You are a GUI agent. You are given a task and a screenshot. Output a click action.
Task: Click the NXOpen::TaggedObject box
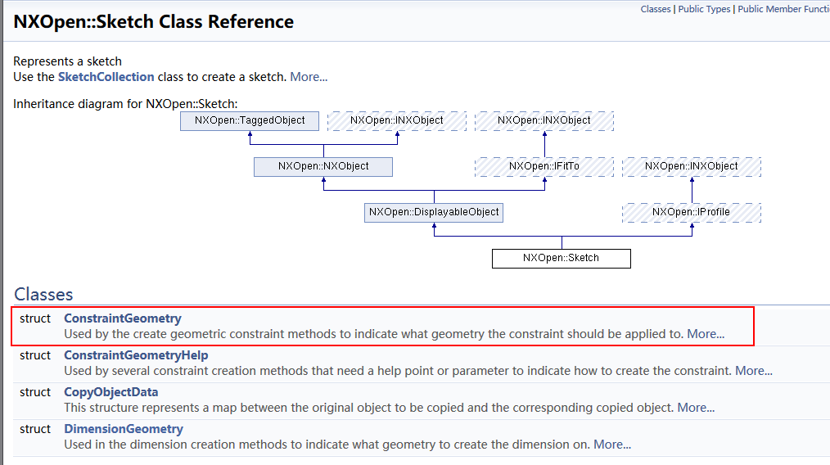[x=250, y=120]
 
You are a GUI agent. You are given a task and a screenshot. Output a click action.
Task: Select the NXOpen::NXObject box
[x=323, y=167]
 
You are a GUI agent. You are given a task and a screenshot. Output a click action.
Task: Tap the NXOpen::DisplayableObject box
[x=434, y=213]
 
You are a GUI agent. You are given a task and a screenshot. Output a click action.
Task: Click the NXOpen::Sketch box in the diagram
[x=561, y=259]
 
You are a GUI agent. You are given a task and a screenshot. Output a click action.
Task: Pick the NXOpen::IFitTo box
[x=544, y=167]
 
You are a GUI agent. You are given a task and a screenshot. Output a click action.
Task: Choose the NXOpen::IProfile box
[x=692, y=213]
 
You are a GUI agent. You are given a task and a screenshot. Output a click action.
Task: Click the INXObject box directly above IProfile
[x=692, y=167]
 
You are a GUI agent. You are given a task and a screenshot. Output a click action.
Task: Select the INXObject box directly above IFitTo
[x=544, y=120]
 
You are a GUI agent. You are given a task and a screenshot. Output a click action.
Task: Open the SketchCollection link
[x=106, y=77]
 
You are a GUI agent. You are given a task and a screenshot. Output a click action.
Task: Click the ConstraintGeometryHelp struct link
[x=136, y=355]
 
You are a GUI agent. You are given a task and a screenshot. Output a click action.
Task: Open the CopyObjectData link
[x=111, y=392]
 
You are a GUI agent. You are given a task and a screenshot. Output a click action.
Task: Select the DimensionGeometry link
[x=124, y=429]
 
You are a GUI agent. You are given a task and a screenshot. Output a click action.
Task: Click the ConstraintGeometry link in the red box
[x=123, y=318]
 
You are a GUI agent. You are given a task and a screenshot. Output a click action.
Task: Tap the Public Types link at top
[x=704, y=9]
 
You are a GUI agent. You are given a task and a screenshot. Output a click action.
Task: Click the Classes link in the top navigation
[x=656, y=9]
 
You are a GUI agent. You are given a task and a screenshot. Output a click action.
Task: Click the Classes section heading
[x=43, y=295]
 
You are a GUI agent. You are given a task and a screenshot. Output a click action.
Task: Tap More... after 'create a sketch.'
[x=309, y=77]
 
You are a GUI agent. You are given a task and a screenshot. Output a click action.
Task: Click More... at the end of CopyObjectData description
[x=696, y=408]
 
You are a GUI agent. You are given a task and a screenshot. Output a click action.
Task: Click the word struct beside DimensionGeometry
[x=35, y=429]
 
